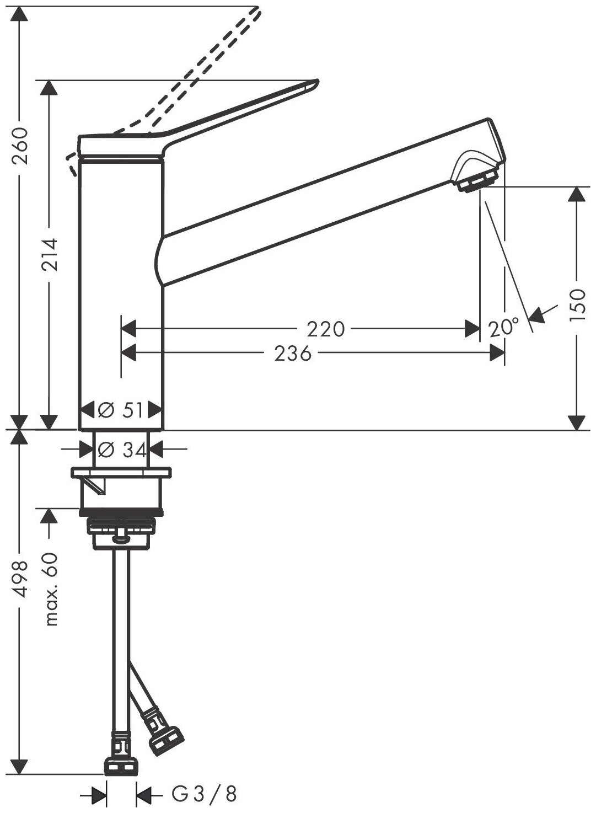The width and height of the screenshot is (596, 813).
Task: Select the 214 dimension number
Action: point(50,254)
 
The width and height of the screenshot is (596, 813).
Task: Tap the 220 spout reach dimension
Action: point(325,329)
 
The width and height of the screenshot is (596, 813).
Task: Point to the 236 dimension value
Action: point(293,354)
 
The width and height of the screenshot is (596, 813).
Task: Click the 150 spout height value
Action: point(577,307)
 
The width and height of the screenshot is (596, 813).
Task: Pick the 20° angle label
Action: point(503,329)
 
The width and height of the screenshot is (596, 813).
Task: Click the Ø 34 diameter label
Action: point(121,450)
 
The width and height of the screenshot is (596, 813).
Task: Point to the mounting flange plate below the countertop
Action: point(121,473)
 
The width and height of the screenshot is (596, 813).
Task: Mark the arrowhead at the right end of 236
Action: point(497,353)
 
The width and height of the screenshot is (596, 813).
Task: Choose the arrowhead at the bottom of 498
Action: point(20,767)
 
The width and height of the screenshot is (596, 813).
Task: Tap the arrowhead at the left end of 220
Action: point(128,329)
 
